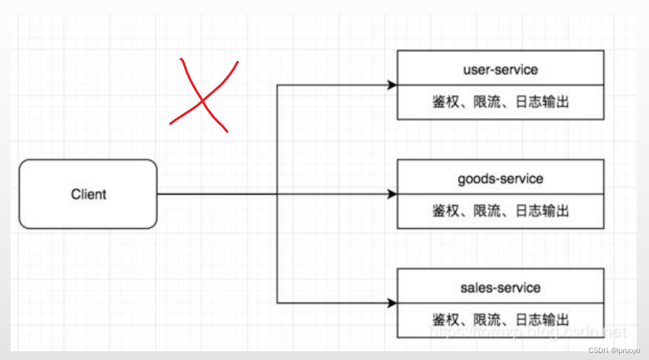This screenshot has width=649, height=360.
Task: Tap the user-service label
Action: [x=500, y=70]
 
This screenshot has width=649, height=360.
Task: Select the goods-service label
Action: [x=500, y=179]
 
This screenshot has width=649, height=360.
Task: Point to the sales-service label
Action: [x=500, y=287]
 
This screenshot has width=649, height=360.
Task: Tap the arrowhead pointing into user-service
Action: [x=392, y=85]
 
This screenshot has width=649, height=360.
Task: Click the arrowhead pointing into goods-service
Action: [x=392, y=194]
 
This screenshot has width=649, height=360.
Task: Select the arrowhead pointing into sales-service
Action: [x=392, y=303]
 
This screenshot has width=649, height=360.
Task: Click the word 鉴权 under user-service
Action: [x=446, y=102]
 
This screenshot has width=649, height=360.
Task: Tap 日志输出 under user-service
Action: [x=542, y=102]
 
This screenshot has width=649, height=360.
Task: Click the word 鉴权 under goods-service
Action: [x=446, y=211]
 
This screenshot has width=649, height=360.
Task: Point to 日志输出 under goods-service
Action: [x=542, y=211]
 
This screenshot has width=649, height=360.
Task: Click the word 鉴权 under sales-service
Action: [x=446, y=320]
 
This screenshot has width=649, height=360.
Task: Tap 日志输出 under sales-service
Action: [x=542, y=320]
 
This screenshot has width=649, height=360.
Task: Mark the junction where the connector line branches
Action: [x=277, y=194]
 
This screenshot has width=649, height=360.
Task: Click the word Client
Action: [x=88, y=194]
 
